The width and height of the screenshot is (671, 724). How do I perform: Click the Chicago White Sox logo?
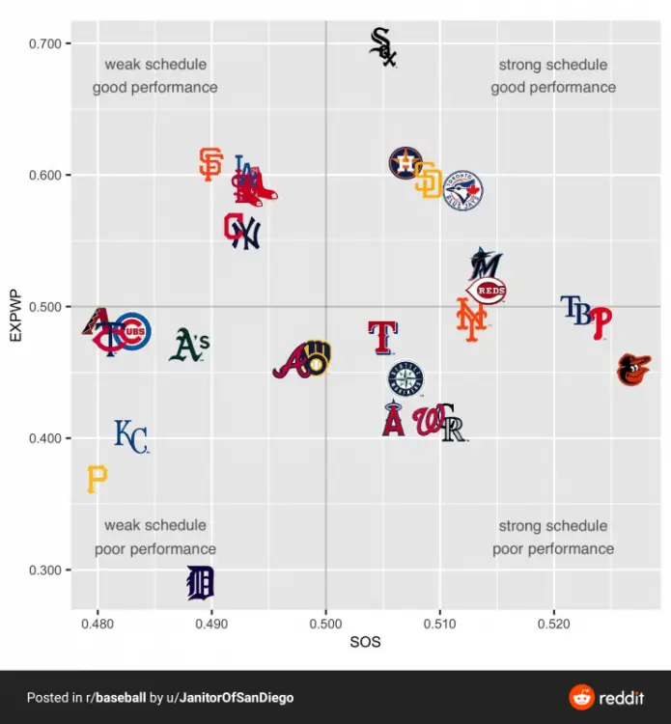click(x=383, y=46)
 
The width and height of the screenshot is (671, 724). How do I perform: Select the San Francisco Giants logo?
click(x=210, y=164)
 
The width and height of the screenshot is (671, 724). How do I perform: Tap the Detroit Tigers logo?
click(x=200, y=582)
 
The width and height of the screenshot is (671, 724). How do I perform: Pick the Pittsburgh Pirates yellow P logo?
click(x=97, y=478)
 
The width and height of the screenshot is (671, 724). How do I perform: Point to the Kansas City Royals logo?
click(x=130, y=436)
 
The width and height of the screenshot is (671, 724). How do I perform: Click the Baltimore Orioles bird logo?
click(x=633, y=370)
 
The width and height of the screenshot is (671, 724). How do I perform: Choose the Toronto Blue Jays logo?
click(x=462, y=191)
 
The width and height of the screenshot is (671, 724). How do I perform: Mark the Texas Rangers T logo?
click(x=383, y=337)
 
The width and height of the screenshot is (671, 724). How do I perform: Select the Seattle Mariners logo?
click(x=405, y=378)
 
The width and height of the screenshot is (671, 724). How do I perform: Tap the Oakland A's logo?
click(x=189, y=345)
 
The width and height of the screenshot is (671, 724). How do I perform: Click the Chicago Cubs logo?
click(x=133, y=332)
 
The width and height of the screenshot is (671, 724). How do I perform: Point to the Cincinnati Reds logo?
click(x=488, y=291)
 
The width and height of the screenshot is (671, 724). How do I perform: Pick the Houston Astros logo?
click(x=405, y=163)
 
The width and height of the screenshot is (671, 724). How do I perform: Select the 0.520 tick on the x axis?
click(x=553, y=624)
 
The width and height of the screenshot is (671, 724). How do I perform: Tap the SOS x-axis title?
click(x=365, y=642)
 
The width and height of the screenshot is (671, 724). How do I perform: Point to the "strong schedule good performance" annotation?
click(x=552, y=76)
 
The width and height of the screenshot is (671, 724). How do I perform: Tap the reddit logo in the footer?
click(x=606, y=697)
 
